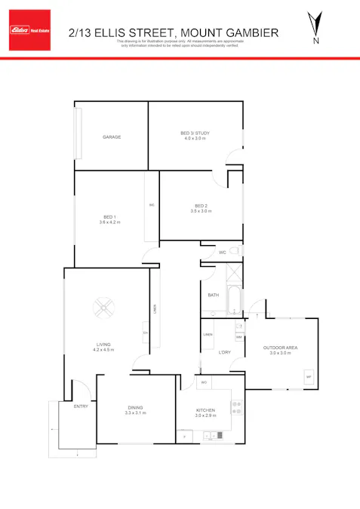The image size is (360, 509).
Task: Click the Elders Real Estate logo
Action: click(29, 30)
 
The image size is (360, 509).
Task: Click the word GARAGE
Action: click(112, 137)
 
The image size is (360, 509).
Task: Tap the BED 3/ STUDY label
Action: click(195, 133)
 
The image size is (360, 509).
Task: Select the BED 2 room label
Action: click(200, 206)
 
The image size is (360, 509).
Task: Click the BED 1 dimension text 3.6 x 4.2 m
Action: click(109, 222)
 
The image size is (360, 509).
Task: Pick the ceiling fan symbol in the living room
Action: click(103, 307)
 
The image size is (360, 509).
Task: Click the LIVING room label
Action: click(103, 345)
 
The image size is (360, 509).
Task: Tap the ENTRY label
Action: click(81, 406)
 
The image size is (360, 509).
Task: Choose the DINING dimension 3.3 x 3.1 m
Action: click(136, 414)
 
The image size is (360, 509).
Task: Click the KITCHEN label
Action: click(206, 409)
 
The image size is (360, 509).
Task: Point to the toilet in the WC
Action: click(235, 252)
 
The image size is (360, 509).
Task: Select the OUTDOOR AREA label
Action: click(280, 348)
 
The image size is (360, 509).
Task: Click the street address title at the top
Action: click(173, 32)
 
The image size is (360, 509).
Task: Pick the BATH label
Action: click(213, 295)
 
